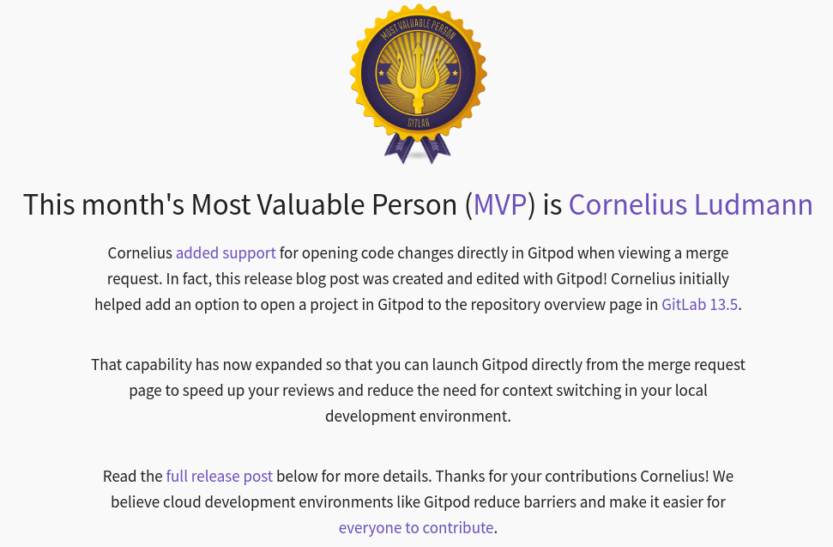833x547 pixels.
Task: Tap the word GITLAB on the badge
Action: click(x=418, y=123)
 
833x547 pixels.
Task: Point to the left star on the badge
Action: click(x=383, y=74)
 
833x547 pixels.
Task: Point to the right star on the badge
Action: click(x=454, y=74)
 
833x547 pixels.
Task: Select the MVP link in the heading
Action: click(x=500, y=204)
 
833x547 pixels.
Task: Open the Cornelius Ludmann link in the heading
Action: click(x=691, y=204)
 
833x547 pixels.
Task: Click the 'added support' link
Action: click(x=226, y=253)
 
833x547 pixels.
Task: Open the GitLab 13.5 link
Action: click(x=699, y=305)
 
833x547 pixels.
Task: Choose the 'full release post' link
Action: click(x=220, y=476)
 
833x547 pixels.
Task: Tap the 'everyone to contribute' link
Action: click(x=416, y=527)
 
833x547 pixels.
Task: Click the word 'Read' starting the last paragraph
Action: click(x=121, y=476)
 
